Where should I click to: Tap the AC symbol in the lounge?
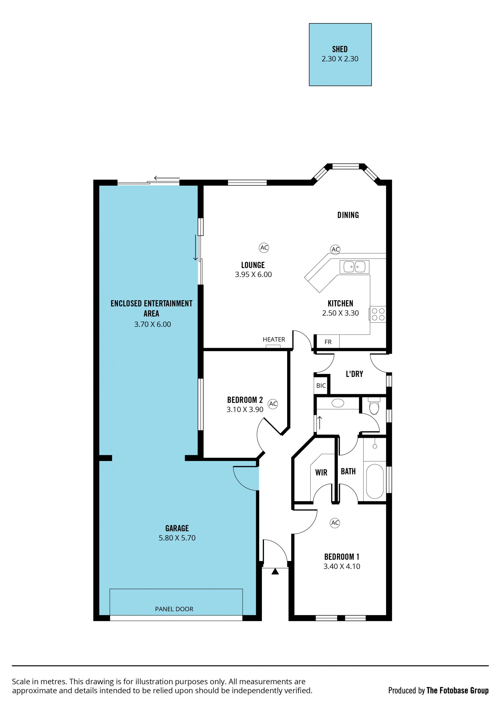point(264,248)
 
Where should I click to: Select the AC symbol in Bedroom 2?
point(273,404)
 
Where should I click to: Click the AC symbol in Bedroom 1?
point(335,523)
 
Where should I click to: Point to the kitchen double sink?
point(354,267)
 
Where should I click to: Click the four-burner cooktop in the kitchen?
point(378,314)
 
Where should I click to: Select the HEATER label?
point(274,339)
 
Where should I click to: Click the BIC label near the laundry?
point(321,386)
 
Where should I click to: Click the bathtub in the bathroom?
point(375,481)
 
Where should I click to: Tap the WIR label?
point(321,472)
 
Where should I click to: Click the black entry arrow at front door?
point(275,571)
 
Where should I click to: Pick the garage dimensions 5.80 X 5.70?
point(177,538)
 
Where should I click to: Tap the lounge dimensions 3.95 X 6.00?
point(253,274)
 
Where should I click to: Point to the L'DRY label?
point(354,374)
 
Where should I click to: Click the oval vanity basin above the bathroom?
point(338,403)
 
